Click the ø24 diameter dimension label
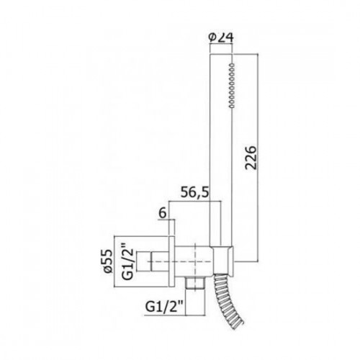tap(221, 38)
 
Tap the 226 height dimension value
tap(251, 158)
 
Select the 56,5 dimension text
tap(194, 192)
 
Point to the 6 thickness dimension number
tap(163, 212)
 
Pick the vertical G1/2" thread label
tap(127, 261)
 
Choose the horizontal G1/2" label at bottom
tap(164, 306)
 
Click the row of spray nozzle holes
tap(232, 85)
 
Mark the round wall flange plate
tap(172, 261)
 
